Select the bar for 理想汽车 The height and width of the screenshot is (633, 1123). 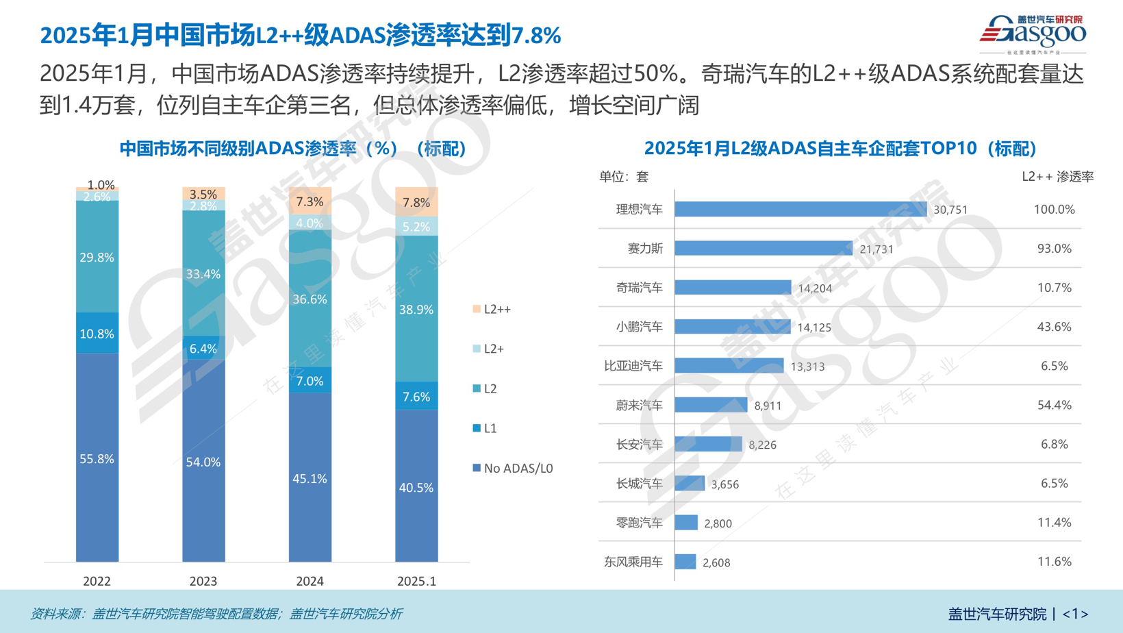[x=800, y=210]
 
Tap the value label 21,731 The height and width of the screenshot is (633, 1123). [x=876, y=249]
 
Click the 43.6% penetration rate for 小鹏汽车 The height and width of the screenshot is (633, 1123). [x=1054, y=327]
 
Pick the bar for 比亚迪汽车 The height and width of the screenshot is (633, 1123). [x=729, y=366]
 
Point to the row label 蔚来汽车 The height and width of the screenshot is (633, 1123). [x=639, y=406]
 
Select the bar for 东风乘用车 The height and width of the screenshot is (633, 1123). [x=685, y=562]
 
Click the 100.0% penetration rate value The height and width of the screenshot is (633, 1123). [x=1054, y=210]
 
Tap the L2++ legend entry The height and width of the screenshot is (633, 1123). [x=492, y=310]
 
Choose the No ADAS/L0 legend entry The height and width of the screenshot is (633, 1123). [x=512, y=469]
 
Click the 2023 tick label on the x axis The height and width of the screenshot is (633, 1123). [x=203, y=581]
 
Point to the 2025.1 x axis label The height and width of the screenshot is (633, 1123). [x=416, y=581]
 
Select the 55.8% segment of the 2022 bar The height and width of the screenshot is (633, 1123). [x=97, y=458]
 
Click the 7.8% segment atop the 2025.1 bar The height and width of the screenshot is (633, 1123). [x=416, y=202]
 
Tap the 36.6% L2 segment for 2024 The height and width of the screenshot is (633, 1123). [x=310, y=299]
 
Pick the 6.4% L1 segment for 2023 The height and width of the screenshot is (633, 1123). [x=203, y=349]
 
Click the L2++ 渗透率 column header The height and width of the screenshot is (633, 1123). [x=1057, y=177]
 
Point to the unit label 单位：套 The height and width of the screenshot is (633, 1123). [x=623, y=177]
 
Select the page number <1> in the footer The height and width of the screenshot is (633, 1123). [x=1075, y=614]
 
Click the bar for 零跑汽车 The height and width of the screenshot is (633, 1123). [x=686, y=523]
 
